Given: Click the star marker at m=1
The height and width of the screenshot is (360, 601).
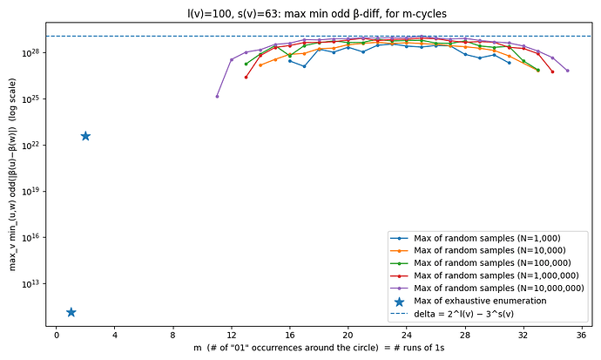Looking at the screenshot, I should pos(71,312).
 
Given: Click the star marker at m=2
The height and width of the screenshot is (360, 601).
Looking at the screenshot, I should pos(85,136).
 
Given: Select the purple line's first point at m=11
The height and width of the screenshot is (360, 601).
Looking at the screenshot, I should pos(217,96).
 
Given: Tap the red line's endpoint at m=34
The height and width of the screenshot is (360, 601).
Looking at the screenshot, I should pos(552,71).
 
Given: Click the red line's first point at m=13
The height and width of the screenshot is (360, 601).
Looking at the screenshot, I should pos(246,77).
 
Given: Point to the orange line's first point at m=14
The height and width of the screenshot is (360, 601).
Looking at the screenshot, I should pos(260,65).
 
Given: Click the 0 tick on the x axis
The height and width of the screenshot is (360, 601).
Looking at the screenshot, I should pos(57,333).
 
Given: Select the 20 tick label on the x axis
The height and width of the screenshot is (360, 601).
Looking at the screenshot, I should pos(348,333).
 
